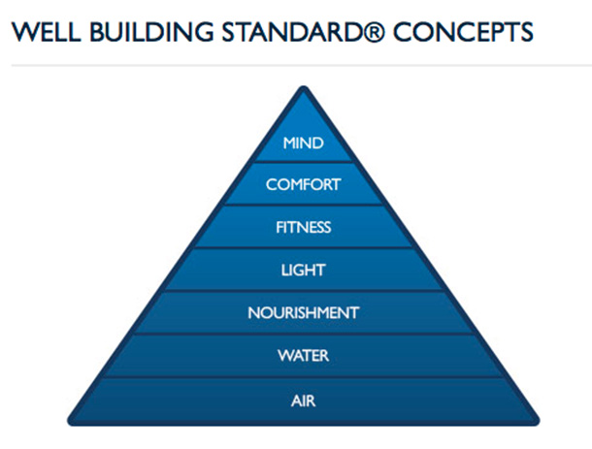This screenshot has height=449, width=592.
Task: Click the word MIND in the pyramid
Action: pos(303,144)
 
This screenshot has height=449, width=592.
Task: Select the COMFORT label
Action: pos(303,184)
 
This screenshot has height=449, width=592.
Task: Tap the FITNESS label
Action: pos(303,228)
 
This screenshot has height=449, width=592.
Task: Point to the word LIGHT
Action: pos(303,271)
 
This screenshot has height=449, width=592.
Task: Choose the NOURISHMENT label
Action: pos(303,313)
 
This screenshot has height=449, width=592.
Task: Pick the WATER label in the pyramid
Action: pos(303,356)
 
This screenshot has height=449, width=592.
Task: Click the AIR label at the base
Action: pos(303,400)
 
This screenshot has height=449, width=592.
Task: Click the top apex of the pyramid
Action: pos(303,88)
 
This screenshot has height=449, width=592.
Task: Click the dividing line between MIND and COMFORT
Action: pos(303,163)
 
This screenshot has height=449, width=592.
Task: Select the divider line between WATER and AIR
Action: pos(303,377)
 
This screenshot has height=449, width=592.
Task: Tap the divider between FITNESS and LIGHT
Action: pos(303,248)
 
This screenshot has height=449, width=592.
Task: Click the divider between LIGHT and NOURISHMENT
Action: pos(303,291)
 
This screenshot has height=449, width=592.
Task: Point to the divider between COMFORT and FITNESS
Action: pos(303,206)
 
